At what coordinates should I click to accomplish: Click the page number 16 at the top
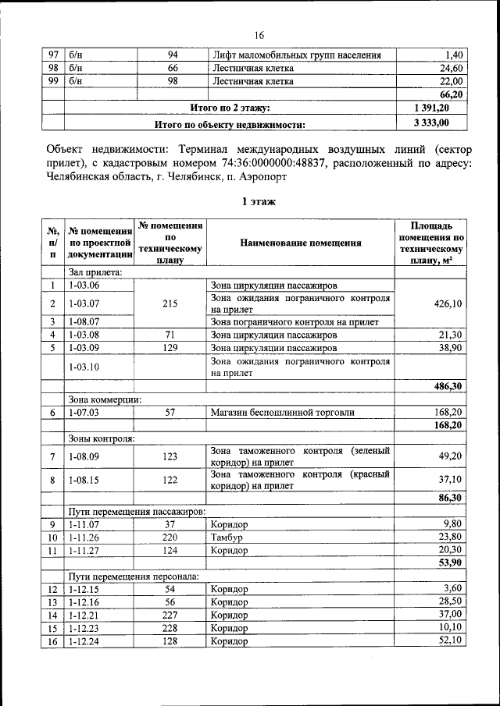[x=259, y=35]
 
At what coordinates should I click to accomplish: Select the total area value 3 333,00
[x=431, y=122]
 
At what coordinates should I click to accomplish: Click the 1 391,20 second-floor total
[x=431, y=108]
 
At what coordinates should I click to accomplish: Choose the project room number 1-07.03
[x=84, y=412]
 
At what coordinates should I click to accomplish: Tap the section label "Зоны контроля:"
[x=101, y=438]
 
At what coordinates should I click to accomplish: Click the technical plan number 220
[x=170, y=537]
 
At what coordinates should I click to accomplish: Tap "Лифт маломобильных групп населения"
[x=297, y=55]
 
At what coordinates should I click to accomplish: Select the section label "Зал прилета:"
[x=95, y=272]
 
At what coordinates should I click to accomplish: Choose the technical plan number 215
[x=170, y=303]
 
